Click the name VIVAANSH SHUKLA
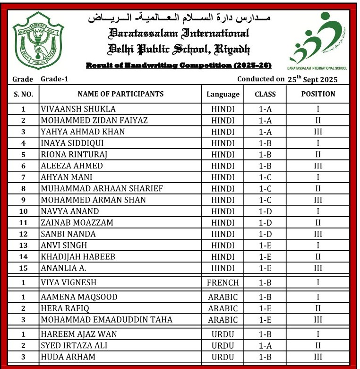click(78, 109)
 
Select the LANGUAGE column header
click(223, 94)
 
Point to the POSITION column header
click(318, 94)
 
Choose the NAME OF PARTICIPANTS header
click(120, 94)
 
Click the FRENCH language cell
click(223, 283)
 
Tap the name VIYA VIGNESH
click(69, 283)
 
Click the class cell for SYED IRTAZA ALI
click(265, 345)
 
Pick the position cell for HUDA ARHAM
click(318, 357)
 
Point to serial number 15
click(23, 268)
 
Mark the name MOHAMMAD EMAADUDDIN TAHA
click(107, 320)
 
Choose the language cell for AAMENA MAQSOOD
click(223, 297)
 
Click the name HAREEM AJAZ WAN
click(79, 334)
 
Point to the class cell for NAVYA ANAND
click(265, 211)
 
